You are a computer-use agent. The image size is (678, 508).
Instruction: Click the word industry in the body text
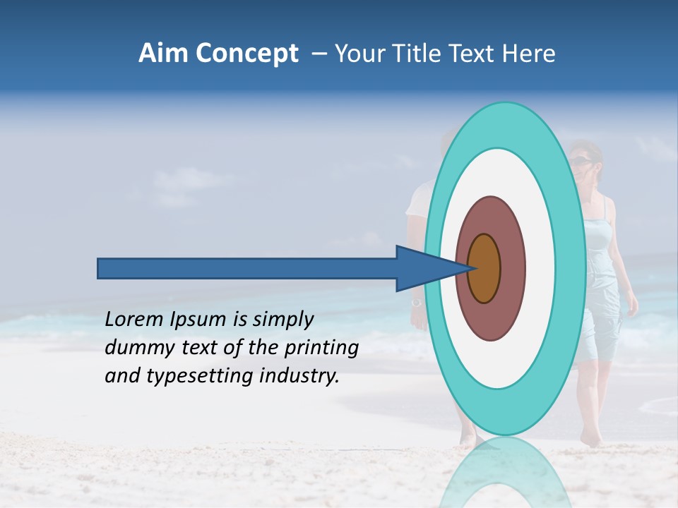(x=299, y=376)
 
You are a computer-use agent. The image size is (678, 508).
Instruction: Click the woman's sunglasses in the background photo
(x=582, y=162)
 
